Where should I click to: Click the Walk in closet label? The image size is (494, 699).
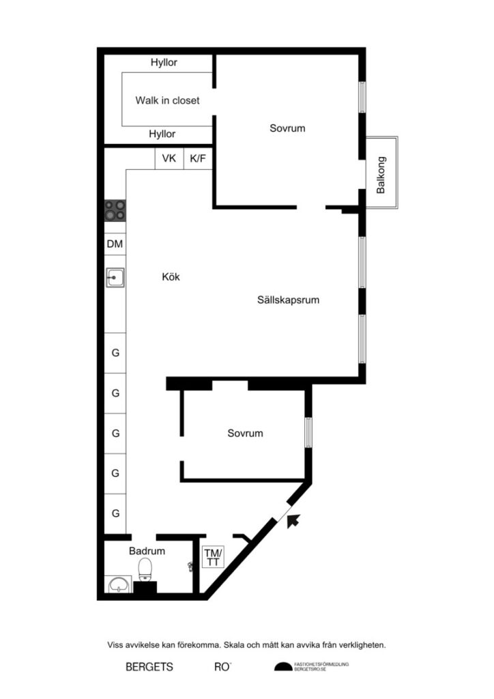pos(167,100)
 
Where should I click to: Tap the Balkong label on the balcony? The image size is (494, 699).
pos(381,175)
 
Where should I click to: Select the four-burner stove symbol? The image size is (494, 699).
pos(115,210)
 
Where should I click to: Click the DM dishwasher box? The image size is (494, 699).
pos(115,244)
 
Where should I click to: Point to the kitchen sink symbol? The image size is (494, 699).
pos(115,278)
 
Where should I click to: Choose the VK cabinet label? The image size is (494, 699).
pos(169,158)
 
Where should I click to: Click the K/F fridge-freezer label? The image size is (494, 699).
pos(199,158)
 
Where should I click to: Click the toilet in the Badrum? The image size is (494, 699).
pos(145,569)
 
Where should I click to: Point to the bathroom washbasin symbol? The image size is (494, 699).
pos(119,584)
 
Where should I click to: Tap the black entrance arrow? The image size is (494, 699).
pos(293,522)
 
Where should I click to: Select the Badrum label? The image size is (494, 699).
pos(147,550)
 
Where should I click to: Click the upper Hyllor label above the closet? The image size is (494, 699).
pos(163,63)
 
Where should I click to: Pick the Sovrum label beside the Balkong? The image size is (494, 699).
pos(287,128)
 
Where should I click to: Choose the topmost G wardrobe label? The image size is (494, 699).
pos(115,353)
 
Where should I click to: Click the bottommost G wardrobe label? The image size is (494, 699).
pos(115,513)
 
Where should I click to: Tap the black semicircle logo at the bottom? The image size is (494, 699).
pos(282,667)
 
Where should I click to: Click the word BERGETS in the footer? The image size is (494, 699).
pos(149,667)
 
